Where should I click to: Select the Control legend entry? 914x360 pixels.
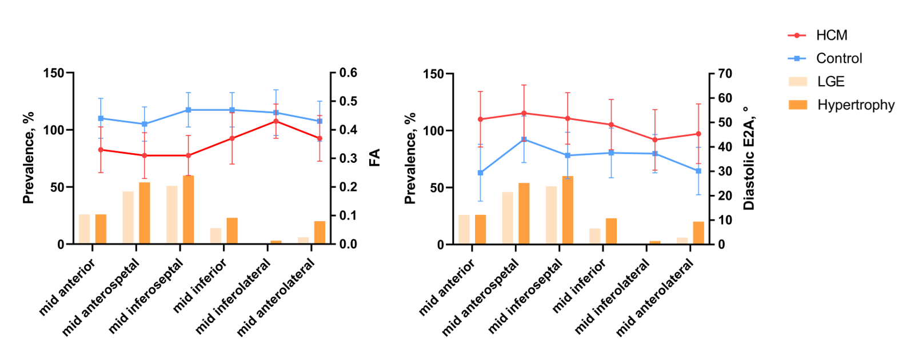click(x=825, y=59)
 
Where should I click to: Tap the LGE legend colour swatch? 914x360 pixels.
click(x=798, y=82)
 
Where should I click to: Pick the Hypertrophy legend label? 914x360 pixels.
click(x=856, y=105)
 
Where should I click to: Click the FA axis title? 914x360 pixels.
click(x=374, y=158)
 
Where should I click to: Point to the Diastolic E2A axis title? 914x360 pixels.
click(x=749, y=158)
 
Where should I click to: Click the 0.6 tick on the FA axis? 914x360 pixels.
click(x=348, y=73)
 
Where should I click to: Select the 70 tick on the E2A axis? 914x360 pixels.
click(x=724, y=74)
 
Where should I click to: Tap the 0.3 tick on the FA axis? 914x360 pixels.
click(x=348, y=158)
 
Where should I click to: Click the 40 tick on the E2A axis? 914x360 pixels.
click(x=724, y=147)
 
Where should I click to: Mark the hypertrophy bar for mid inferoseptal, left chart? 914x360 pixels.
click(x=188, y=210)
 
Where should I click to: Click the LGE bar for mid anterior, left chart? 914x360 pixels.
click(x=84, y=229)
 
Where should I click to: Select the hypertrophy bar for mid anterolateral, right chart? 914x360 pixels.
click(x=699, y=233)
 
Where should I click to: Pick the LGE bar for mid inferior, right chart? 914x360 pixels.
click(x=595, y=237)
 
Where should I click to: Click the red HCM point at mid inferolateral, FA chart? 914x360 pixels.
click(x=276, y=121)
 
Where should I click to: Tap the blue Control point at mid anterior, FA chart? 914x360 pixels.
click(x=101, y=118)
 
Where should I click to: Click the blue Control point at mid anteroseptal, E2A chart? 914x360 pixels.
click(x=524, y=139)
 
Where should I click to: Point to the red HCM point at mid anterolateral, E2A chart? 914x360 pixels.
click(x=699, y=134)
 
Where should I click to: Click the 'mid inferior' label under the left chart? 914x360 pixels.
click(x=199, y=286)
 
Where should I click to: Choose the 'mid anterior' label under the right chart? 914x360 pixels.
click(x=447, y=287)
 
